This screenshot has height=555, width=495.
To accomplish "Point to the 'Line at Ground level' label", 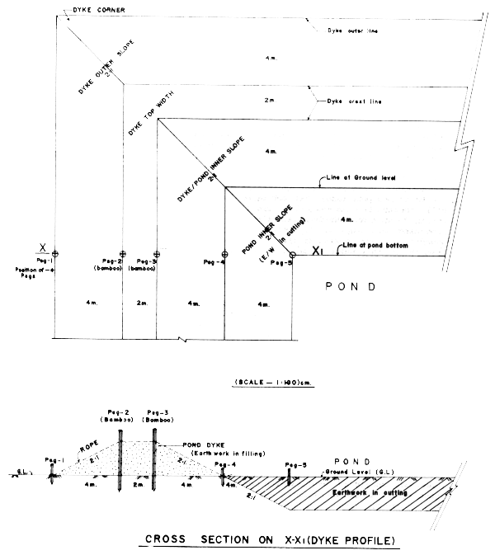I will [x=347, y=178].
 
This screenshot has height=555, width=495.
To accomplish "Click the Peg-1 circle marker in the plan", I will [x=54, y=253].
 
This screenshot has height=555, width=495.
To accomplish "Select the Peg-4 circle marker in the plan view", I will [x=224, y=253].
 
